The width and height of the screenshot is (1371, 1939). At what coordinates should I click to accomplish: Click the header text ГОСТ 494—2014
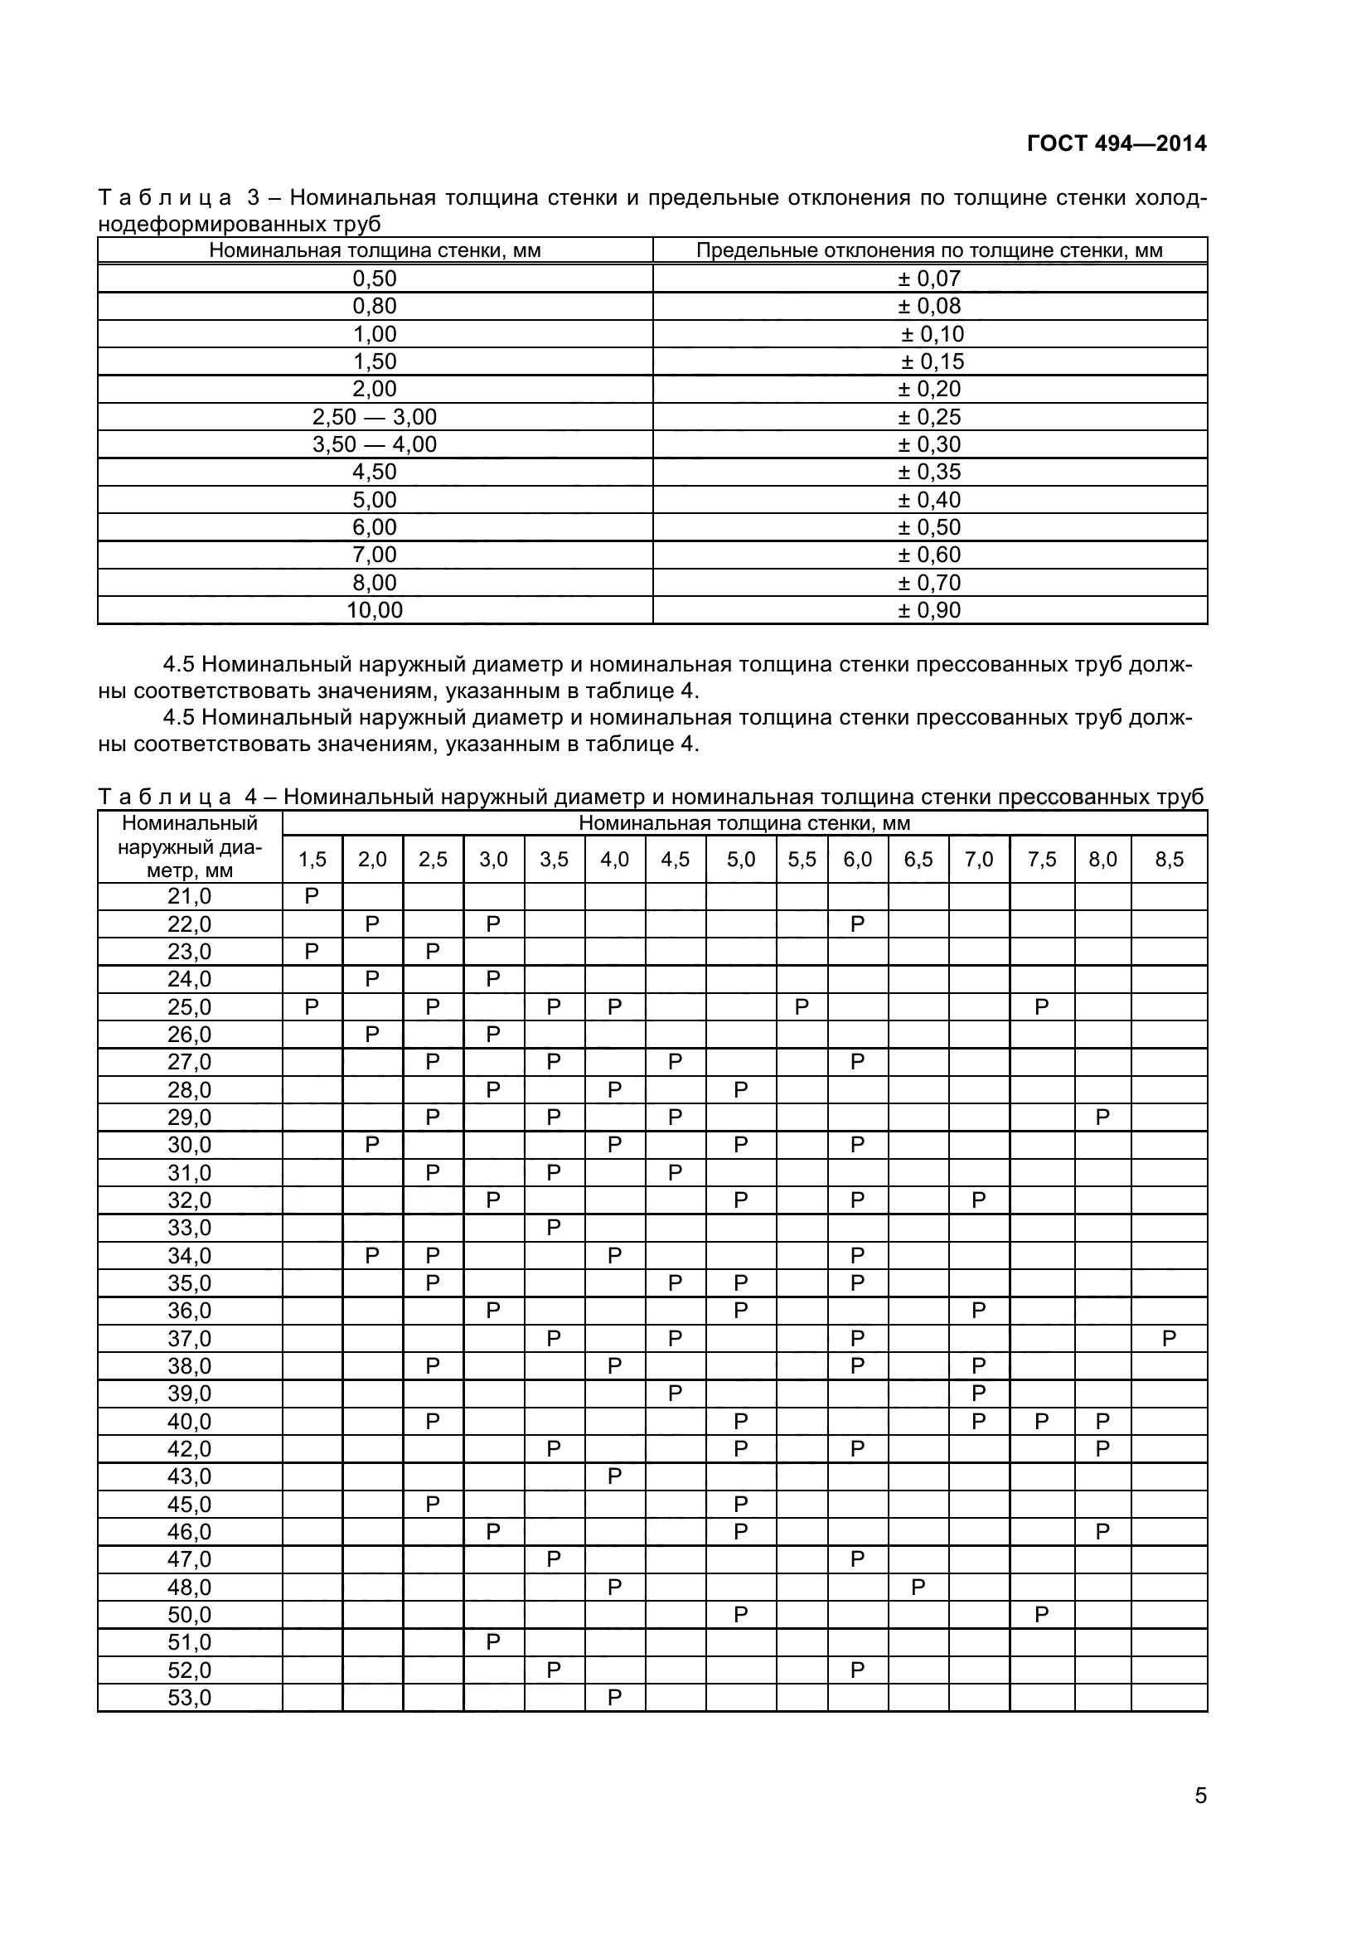(x=1116, y=143)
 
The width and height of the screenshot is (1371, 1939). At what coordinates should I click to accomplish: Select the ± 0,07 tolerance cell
(x=928, y=279)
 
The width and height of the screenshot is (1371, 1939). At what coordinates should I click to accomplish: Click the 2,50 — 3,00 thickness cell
(x=374, y=417)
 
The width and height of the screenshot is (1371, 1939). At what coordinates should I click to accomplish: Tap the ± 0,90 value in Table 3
(x=928, y=611)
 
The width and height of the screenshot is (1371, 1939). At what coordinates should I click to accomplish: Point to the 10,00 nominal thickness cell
(x=374, y=611)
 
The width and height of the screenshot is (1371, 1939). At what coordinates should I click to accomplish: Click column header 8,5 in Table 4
(x=1169, y=860)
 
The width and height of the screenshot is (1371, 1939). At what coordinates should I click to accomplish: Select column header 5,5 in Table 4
(x=802, y=860)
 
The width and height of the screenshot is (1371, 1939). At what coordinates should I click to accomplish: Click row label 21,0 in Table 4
(x=189, y=896)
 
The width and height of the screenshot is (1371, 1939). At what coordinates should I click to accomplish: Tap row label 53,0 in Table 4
(x=189, y=1698)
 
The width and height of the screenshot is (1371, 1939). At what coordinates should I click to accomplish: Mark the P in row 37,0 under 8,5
(x=1169, y=1339)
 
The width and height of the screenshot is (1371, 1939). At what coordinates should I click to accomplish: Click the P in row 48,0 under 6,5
(x=918, y=1588)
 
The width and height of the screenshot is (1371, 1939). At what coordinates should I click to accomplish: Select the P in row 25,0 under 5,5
(x=802, y=1006)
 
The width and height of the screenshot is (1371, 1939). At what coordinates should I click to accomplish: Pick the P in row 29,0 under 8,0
(x=1102, y=1117)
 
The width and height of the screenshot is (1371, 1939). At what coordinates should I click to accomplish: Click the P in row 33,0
(x=554, y=1228)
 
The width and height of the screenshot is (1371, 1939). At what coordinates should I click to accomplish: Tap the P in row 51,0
(x=493, y=1642)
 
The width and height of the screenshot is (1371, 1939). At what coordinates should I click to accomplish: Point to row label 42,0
(x=189, y=1449)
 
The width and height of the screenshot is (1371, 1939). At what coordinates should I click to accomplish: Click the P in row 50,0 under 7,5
(x=1041, y=1615)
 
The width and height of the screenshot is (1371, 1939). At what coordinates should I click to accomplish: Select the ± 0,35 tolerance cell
(x=928, y=472)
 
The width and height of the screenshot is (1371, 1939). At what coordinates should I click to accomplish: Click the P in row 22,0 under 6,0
(x=857, y=923)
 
